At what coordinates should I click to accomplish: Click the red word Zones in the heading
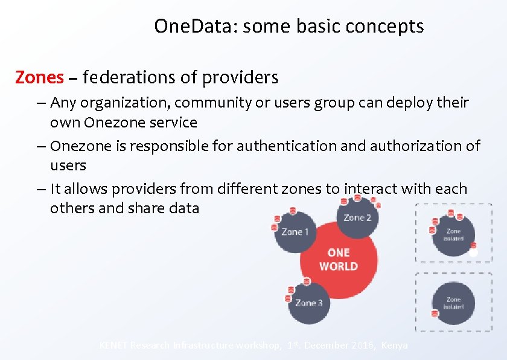tap(39, 78)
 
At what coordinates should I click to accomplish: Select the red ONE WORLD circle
tap(338, 259)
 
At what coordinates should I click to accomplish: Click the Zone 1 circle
tap(295, 232)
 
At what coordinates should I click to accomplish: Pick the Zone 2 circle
tap(357, 217)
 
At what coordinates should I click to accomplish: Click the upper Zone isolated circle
tap(453, 234)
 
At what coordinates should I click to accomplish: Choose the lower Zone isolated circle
tap(453, 303)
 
